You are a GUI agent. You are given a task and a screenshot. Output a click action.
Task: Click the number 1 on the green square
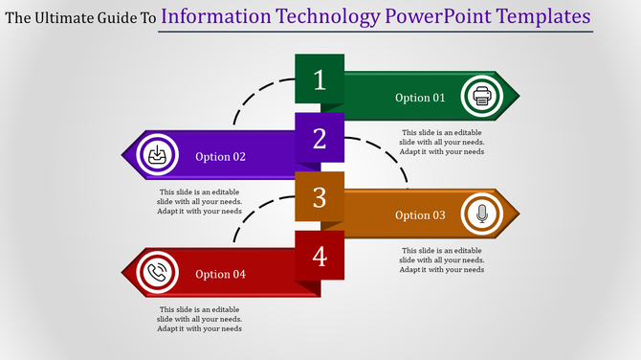click(x=320, y=80)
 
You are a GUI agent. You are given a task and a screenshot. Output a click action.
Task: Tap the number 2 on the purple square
click(x=320, y=139)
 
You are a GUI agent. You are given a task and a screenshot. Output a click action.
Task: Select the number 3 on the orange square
click(x=320, y=198)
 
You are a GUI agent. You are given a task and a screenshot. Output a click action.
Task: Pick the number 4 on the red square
click(x=320, y=257)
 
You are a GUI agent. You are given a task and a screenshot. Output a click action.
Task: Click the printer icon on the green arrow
click(x=481, y=97)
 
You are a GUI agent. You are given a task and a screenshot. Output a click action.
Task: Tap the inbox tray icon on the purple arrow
click(x=156, y=156)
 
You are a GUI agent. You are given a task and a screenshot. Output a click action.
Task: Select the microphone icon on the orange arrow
click(x=481, y=214)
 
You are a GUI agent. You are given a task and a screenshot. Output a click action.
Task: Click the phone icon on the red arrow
click(x=157, y=274)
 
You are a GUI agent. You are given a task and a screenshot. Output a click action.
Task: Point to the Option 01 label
click(x=420, y=98)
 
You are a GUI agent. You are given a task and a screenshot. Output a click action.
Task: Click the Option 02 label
click(x=221, y=157)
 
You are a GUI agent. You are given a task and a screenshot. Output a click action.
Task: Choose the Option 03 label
click(x=420, y=215)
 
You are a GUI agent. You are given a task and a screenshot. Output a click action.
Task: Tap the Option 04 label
click(x=221, y=275)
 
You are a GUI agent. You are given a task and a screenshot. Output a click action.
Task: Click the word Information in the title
click(x=215, y=16)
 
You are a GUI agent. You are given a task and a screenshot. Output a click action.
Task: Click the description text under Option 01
click(x=443, y=142)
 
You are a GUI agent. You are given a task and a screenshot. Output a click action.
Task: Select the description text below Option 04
click(x=200, y=319)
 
